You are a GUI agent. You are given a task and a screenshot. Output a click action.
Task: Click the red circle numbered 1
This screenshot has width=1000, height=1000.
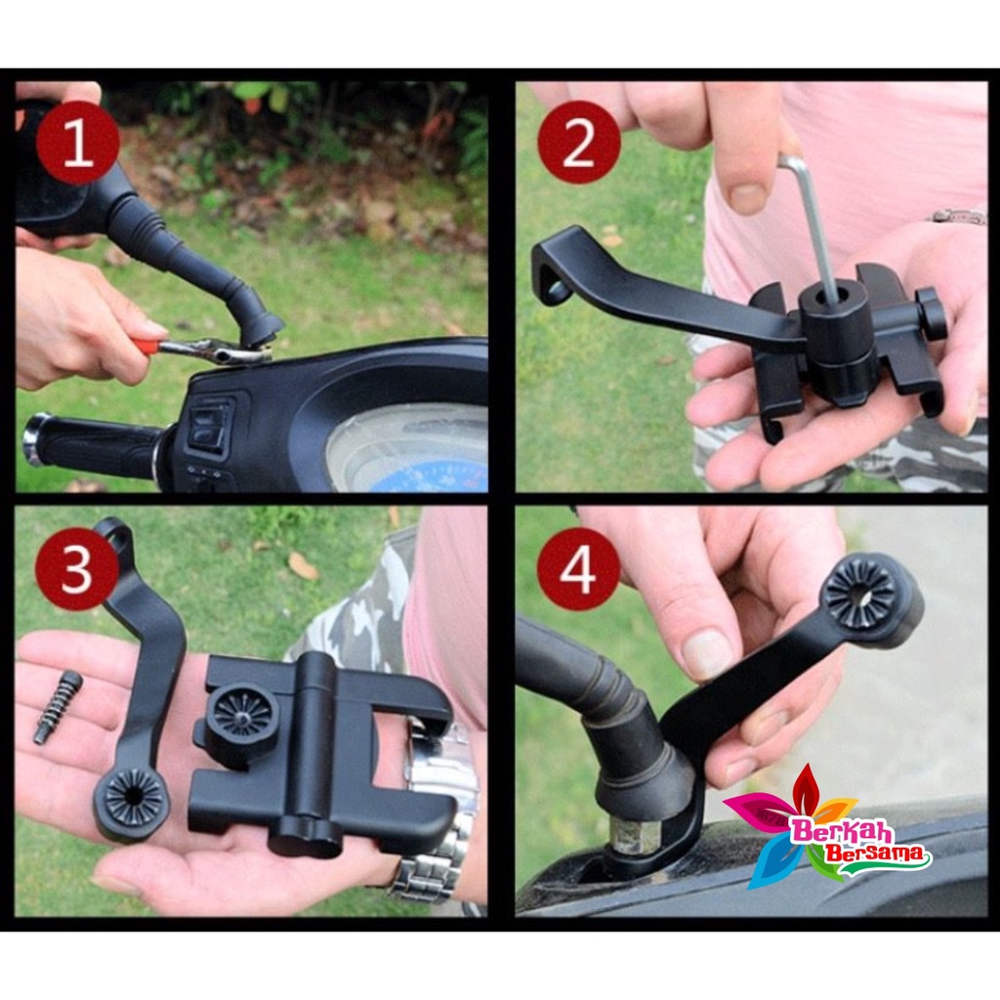[x=77, y=143]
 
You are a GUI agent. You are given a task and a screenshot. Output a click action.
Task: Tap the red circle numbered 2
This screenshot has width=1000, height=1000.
[x=578, y=143]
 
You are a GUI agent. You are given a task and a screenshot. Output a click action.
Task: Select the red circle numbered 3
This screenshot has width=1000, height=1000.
[x=77, y=569]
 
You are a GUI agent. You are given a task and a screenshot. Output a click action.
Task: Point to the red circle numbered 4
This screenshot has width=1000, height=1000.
[x=578, y=569]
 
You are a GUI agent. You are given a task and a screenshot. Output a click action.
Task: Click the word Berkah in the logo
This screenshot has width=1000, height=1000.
[x=841, y=831]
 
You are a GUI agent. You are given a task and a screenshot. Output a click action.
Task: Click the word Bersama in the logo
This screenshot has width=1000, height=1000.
[x=875, y=854]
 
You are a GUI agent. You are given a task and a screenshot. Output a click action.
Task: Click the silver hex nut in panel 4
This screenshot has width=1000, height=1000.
[x=632, y=837]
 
